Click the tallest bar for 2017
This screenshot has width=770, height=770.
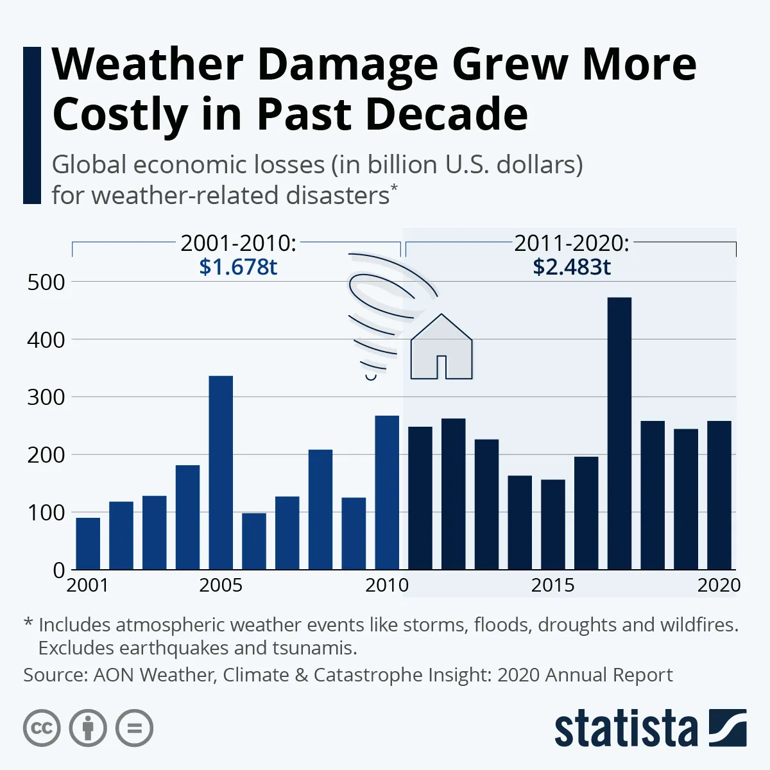coord(619,433)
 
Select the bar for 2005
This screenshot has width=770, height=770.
coord(221,472)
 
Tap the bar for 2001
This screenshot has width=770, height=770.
coord(88,543)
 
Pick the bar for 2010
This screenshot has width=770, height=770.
coord(387,492)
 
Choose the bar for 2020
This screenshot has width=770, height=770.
coord(719,495)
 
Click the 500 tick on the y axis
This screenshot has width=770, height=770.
coord(46,282)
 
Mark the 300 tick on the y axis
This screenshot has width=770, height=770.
coord(46,397)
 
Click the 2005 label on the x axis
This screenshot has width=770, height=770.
coord(221,585)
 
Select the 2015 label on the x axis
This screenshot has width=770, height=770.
coord(552,585)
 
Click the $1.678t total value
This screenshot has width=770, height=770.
coord(238,266)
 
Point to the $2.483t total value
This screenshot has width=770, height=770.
coord(572,266)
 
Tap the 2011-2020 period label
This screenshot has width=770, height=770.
coord(572,243)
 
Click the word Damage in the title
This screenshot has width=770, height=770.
coord(349,64)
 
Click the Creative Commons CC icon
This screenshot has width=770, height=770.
coord(42,728)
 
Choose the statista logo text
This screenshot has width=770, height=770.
coord(626,729)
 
